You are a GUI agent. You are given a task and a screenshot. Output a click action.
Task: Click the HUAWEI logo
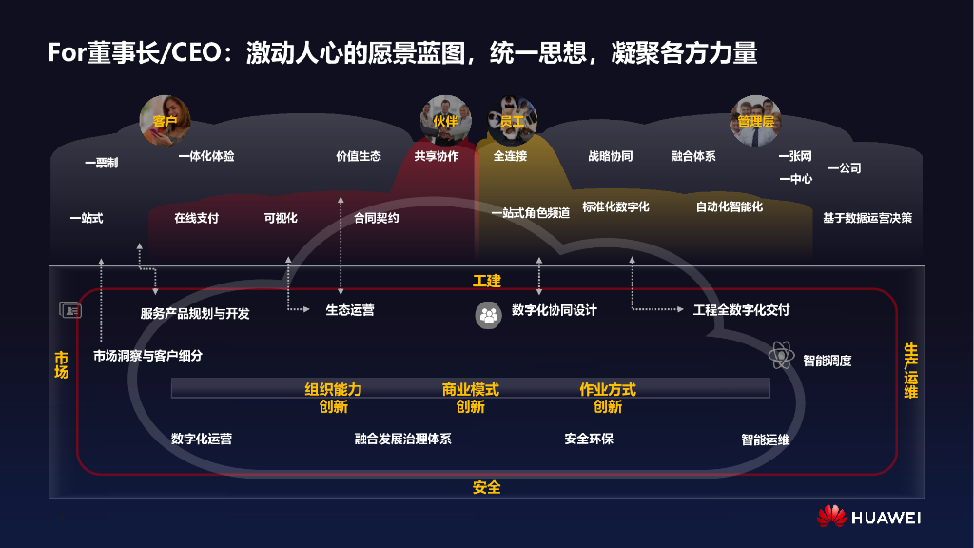[868, 517]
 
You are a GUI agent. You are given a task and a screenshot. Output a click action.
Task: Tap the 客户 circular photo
[165, 120]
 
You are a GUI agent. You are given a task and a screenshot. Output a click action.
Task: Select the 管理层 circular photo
[755, 120]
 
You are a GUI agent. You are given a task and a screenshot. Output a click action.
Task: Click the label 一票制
[101, 164]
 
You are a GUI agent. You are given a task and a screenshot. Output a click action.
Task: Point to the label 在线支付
[196, 218]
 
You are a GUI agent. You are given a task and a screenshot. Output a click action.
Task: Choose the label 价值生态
[359, 156]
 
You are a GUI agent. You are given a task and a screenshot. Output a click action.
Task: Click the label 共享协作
[437, 156]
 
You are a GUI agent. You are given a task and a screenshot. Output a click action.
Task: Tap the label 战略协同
[611, 156]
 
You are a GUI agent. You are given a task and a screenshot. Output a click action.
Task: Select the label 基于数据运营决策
[867, 218]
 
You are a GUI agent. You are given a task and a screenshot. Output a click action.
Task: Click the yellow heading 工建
[486, 281]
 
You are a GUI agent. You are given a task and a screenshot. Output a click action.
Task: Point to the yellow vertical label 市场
[62, 364]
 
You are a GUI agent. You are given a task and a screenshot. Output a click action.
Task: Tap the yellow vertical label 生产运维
[910, 371]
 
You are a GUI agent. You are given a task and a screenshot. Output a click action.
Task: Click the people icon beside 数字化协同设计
[488, 315]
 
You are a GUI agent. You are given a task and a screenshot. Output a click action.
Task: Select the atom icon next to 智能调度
[782, 357]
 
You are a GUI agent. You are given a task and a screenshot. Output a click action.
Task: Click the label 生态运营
[350, 310]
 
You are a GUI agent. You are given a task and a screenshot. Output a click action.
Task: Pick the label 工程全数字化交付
[741, 310]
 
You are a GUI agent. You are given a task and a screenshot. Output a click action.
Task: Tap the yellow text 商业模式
[470, 389]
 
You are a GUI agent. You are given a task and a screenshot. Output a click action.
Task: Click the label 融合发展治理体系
[402, 440]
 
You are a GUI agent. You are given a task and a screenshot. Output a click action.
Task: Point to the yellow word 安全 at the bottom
[486, 487]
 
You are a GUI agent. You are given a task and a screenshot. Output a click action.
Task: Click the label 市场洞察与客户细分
[147, 356]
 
